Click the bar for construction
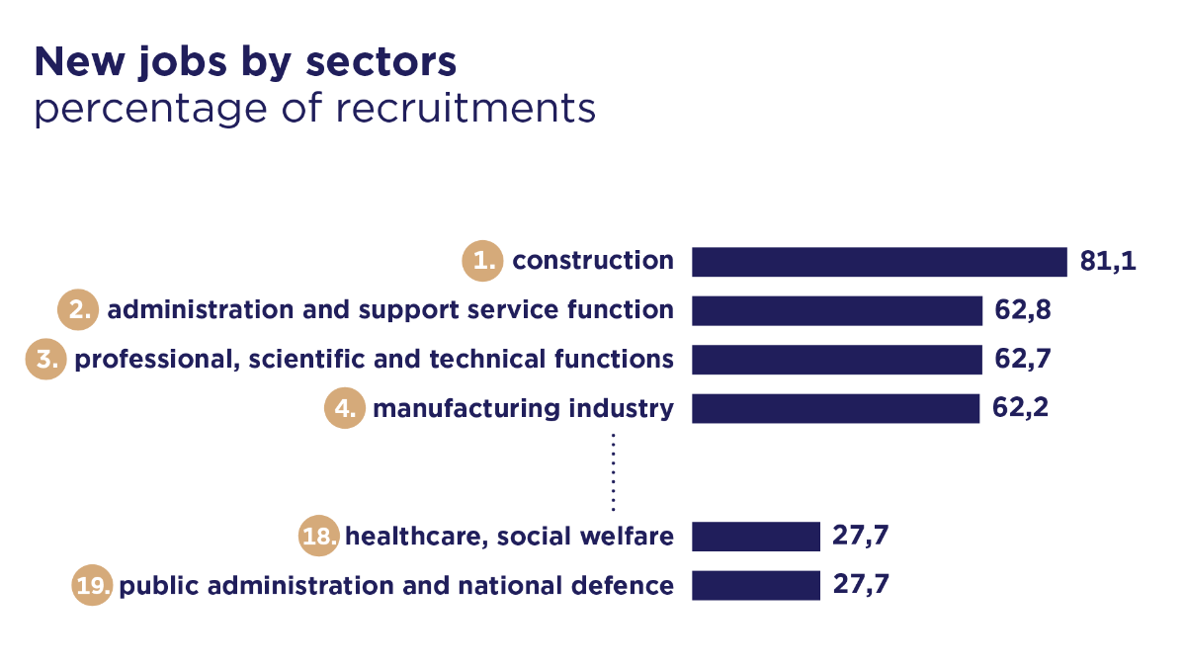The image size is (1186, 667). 879,262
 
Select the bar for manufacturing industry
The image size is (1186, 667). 835,408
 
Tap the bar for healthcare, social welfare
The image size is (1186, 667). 756,537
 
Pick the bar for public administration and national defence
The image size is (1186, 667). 756,585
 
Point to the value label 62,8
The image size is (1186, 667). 1022,310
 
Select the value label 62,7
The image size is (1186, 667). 1022,359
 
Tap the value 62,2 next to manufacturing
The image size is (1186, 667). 1021,408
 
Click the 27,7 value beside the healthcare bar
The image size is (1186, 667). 862,537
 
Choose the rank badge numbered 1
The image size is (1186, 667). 482,262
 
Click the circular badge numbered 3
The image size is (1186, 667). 45,359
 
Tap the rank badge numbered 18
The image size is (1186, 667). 319,537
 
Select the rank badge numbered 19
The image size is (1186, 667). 93,585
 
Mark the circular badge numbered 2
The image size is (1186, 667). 77,310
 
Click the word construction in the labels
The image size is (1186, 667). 593,262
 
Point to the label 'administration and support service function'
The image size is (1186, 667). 390,310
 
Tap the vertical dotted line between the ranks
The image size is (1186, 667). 613,471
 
